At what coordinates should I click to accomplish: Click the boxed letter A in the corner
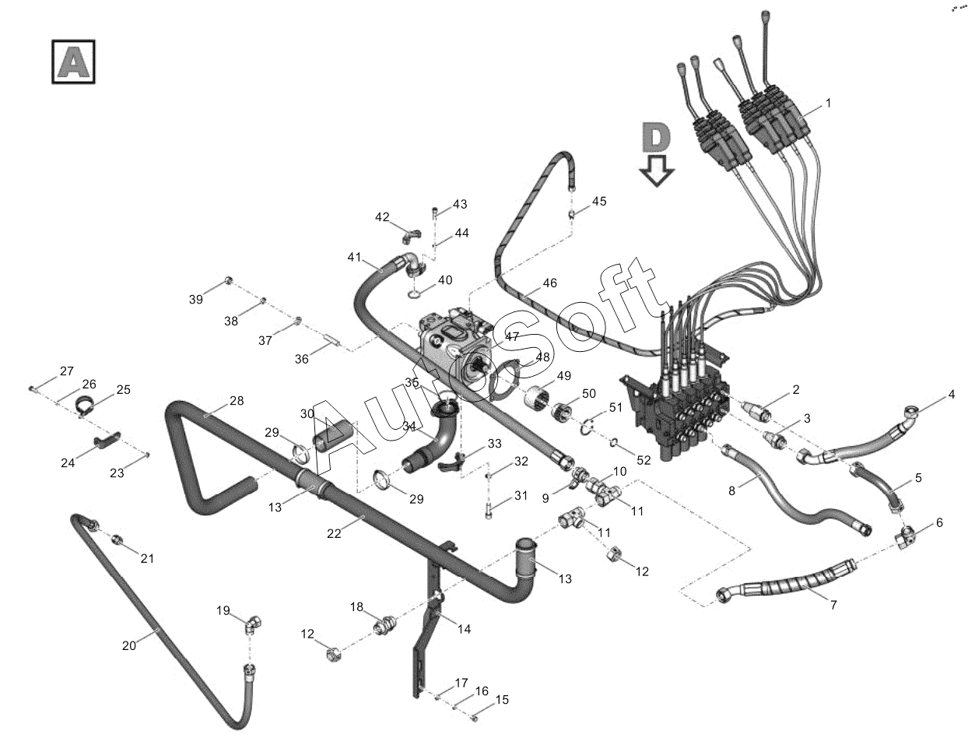(x=73, y=61)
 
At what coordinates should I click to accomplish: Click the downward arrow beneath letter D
(x=657, y=170)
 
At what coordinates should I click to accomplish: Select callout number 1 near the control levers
(x=828, y=104)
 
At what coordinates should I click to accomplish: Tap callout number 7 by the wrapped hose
(x=833, y=605)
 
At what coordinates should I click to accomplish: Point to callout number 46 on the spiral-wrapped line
(x=549, y=283)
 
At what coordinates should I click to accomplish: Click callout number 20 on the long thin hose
(x=129, y=646)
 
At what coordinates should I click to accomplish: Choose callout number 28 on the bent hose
(x=237, y=401)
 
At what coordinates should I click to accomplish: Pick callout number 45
(x=599, y=201)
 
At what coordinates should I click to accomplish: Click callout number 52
(x=644, y=460)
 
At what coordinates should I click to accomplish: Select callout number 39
(x=196, y=300)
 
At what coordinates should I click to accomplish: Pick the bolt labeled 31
(x=488, y=511)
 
